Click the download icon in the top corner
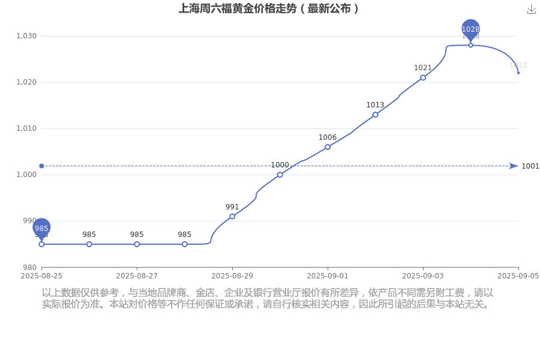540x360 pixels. click(531, 9)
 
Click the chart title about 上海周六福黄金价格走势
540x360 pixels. click(268, 8)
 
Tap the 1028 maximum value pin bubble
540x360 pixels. click(471, 28)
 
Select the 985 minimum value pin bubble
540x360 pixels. click(41, 227)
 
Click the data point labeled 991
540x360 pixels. click(232, 217)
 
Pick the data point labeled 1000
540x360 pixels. click(280, 175)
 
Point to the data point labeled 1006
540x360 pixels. click(328, 147)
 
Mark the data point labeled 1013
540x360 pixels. click(375, 115)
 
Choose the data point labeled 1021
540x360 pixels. click(423, 77)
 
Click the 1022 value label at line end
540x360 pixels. click(518, 65)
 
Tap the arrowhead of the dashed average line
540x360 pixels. click(514, 166)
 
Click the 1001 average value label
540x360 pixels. click(530, 166)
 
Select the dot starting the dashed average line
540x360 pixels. click(41, 166)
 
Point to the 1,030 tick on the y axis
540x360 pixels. click(26, 36)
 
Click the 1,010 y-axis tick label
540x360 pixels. click(26, 128)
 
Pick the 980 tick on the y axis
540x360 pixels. click(30, 267)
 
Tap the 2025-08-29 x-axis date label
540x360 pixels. click(232, 275)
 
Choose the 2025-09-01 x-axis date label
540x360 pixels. click(328, 275)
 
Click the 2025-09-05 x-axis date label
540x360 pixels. click(518, 275)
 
